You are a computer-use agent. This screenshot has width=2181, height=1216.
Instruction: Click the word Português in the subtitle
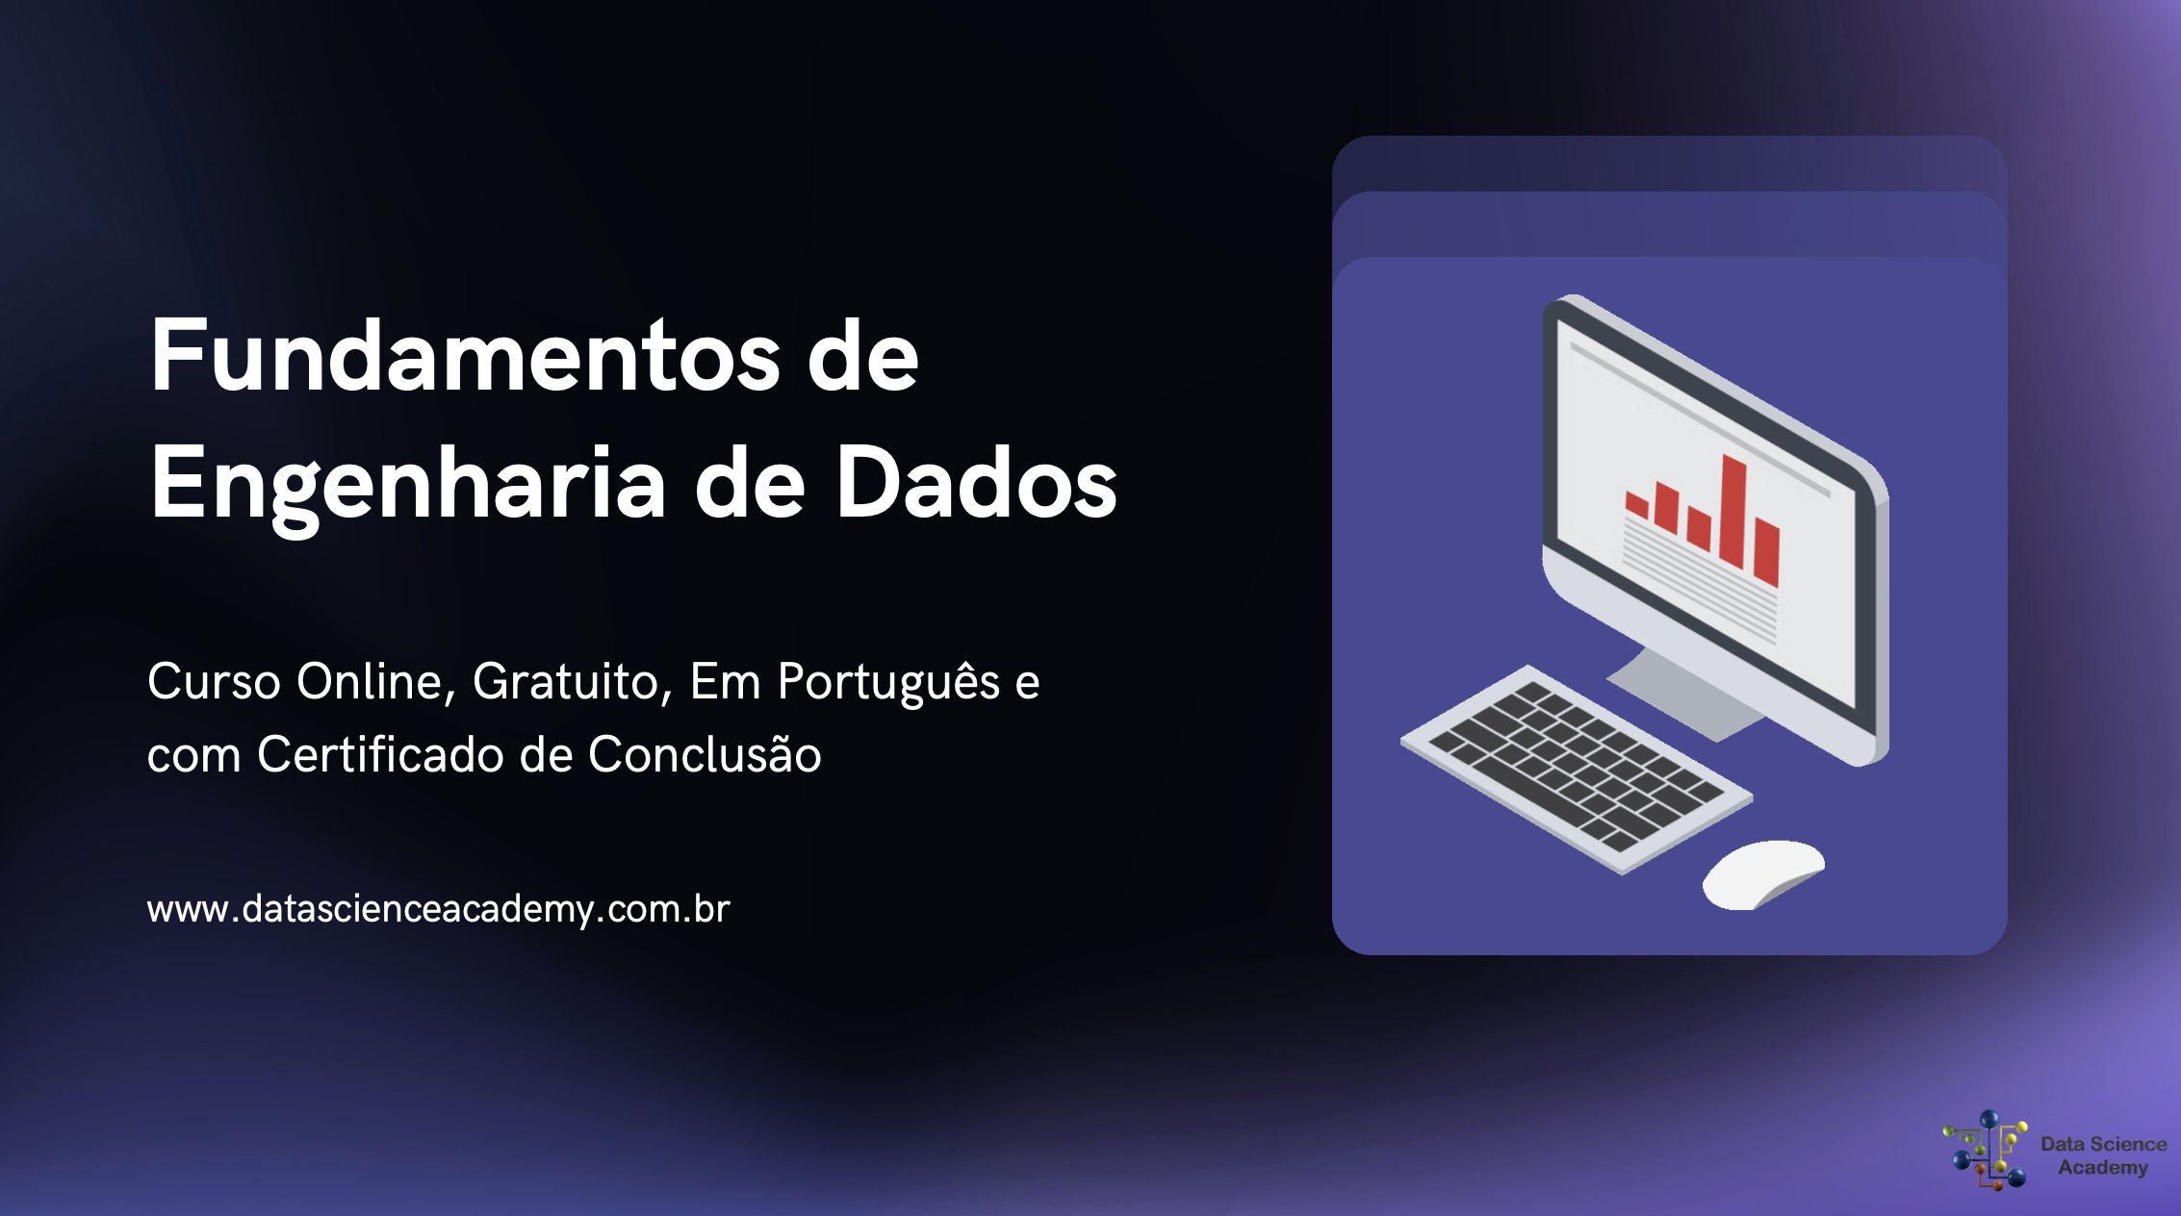888,684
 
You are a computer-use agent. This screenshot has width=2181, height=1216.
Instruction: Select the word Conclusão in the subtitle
705,754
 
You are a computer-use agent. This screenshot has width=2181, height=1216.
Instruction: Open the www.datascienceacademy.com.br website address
438,909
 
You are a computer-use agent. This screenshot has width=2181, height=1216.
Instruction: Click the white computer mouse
1761,873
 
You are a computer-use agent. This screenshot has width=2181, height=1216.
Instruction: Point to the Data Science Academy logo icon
1986,1151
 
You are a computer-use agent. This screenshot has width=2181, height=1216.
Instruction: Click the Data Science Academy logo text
2103,1155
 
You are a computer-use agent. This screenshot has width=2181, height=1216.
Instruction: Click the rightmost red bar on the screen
1766,552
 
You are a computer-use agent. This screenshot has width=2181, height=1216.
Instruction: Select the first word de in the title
862,358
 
